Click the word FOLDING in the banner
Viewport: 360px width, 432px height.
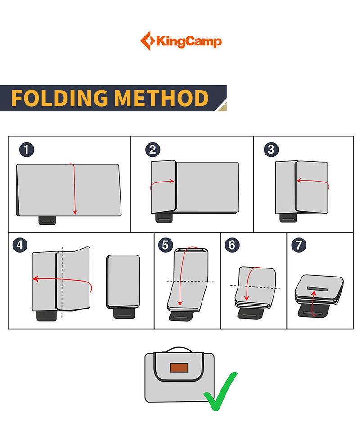coord(59,98)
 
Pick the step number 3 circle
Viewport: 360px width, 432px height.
coord(271,150)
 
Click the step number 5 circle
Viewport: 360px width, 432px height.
coord(166,245)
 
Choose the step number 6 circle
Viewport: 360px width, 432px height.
coord(232,245)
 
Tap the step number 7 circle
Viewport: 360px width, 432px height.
coord(298,245)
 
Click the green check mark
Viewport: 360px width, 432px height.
coord(220,391)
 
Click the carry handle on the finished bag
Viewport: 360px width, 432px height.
coord(179,350)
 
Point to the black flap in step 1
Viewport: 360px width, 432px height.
coord(47,220)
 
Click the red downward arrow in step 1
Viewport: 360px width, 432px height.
coord(75,189)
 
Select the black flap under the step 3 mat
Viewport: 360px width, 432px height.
coord(288,218)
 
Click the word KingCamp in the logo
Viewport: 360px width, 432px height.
coord(189,42)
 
